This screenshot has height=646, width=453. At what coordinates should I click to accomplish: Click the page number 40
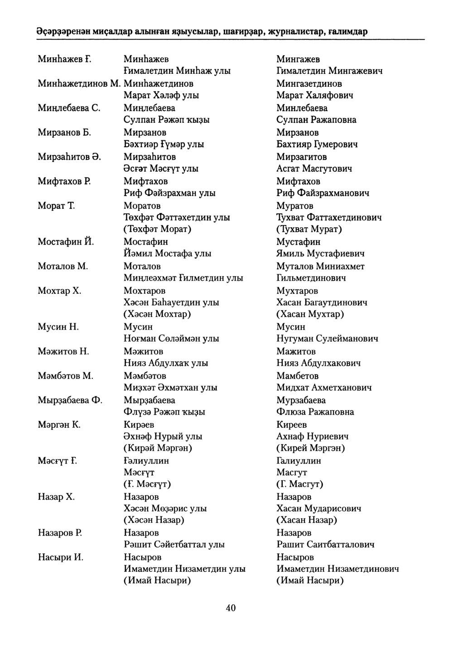click(231, 608)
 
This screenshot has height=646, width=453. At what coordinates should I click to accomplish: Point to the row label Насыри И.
click(61, 557)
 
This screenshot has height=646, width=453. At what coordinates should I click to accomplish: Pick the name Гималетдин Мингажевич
click(329, 71)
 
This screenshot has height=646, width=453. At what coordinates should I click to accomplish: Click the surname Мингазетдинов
click(309, 84)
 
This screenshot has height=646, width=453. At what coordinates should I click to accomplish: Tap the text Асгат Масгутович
click(314, 169)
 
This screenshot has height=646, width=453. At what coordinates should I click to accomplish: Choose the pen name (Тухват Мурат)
click(309, 229)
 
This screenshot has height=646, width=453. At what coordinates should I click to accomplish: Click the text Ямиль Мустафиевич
click(320, 254)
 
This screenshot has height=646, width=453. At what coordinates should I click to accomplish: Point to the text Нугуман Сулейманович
click(327, 339)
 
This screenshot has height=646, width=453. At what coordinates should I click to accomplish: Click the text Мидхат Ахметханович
click(324, 388)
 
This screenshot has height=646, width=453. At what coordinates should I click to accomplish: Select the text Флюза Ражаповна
click(315, 412)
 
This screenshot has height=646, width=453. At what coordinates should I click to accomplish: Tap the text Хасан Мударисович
click(319, 508)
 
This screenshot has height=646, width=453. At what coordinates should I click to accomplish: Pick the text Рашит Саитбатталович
click(325, 545)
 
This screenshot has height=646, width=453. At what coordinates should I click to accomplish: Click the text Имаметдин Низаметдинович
click(337, 569)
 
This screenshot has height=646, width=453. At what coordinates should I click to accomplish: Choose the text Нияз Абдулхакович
click(318, 363)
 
